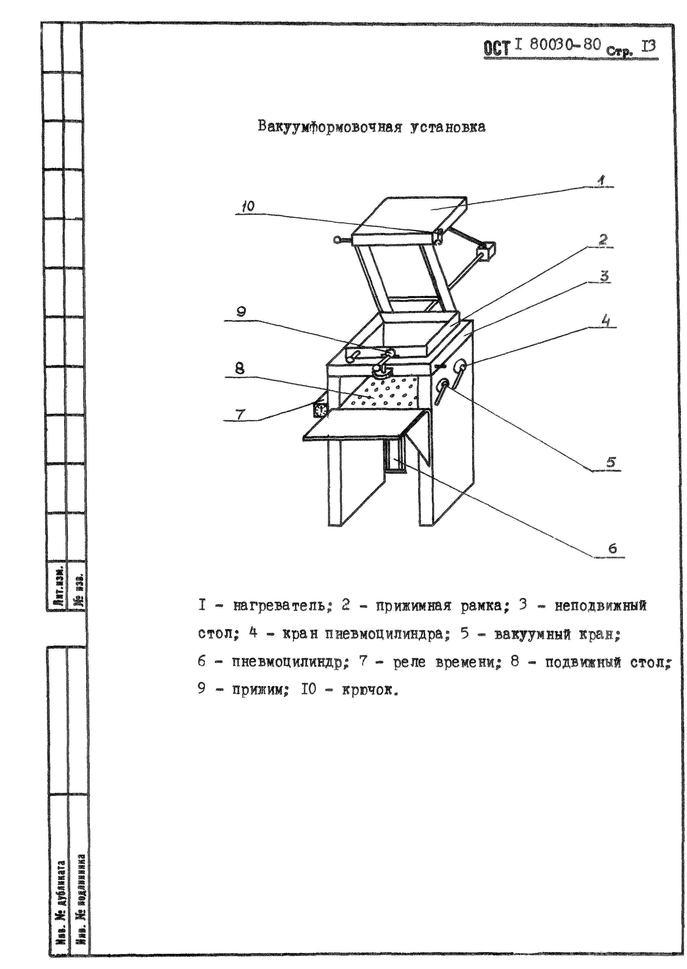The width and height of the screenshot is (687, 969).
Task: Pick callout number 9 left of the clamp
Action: point(241,312)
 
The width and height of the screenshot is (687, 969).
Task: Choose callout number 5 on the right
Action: point(610,462)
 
